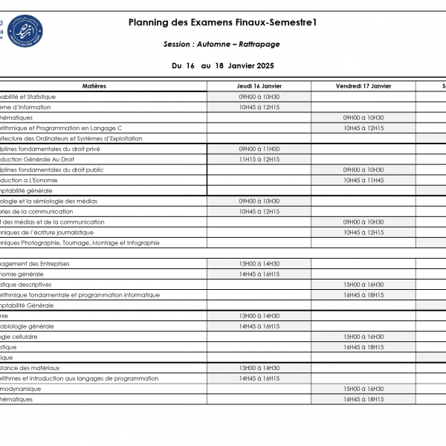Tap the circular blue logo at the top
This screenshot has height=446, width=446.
[25, 30]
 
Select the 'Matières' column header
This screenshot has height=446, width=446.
[94, 86]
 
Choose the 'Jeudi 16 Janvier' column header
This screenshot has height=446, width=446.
[259, 86]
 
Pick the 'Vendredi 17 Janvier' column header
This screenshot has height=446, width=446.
[363, 86]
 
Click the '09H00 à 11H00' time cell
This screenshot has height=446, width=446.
[259, 149]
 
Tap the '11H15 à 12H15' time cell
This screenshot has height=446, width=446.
[259, 159]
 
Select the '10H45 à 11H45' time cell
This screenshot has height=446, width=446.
[363, 180]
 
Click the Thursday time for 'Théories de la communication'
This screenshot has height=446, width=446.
[259, 211]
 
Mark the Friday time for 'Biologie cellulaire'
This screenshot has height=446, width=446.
[363, 336]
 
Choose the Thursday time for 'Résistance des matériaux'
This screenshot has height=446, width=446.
[259, 367]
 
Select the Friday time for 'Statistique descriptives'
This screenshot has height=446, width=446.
[363, 284]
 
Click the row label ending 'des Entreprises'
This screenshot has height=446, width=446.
[37, 263]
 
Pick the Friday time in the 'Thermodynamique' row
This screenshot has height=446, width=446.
[363, 388]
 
